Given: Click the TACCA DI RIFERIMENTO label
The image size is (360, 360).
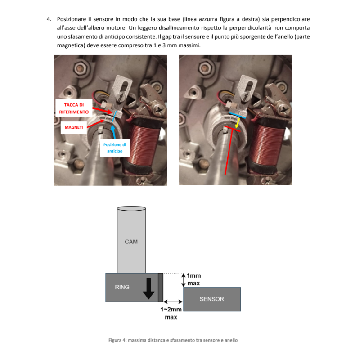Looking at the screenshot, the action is (74, 108).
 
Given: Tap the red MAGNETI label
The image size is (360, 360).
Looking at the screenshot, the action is (74, 127).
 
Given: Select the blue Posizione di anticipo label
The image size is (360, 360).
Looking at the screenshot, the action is (115, 148).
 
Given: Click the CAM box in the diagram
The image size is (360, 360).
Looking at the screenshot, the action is (131, 240).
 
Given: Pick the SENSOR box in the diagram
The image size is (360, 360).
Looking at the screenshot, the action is (212, 299).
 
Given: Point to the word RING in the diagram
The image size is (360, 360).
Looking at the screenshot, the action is (122, 287).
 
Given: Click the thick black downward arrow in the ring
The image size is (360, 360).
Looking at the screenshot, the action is (148, 288).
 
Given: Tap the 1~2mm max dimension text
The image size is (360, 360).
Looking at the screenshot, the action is (171, 313).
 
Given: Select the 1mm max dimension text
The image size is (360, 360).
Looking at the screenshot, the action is (194, 279).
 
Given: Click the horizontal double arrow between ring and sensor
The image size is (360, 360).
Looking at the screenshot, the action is (173, 301).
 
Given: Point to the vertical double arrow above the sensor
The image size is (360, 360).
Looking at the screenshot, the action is (184, 280).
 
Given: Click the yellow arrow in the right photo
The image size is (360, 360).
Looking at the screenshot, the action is (238, 123).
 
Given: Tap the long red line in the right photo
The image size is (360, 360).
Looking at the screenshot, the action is (229, 152).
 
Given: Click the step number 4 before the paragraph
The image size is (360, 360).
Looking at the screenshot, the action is (49, 19).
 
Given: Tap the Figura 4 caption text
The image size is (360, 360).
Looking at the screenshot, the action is (173, 340).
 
